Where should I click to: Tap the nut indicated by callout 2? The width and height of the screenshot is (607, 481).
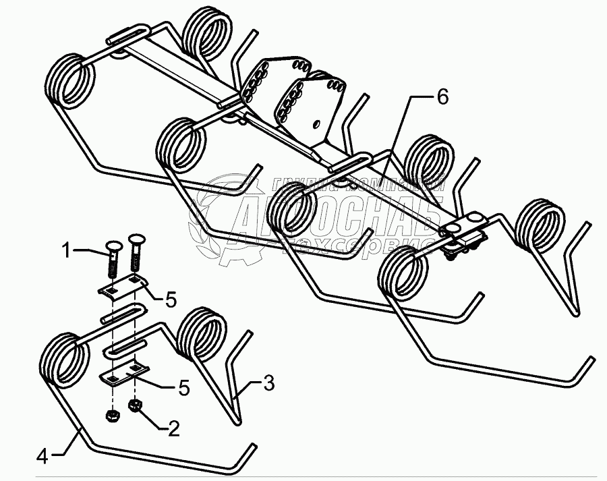pos(134,406)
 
